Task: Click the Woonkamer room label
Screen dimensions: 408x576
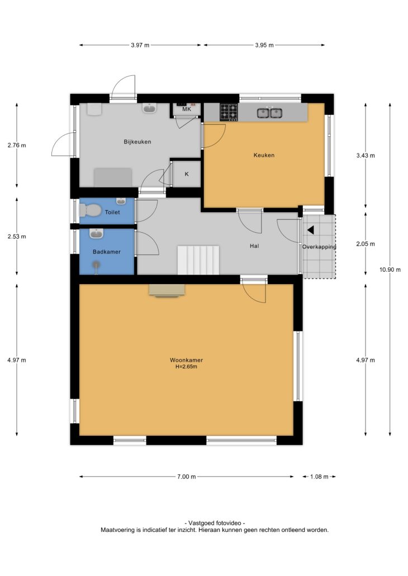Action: point(186,360)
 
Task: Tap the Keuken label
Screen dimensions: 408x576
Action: point(264,155)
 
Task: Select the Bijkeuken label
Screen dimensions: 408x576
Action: point(137,142)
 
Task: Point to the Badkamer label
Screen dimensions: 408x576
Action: point(107,252)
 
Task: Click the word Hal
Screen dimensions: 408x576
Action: point(254,246)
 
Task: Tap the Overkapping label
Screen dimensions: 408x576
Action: point(319,247)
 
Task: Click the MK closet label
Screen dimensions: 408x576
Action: point(187,109)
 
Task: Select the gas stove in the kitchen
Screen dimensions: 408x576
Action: point(229,112)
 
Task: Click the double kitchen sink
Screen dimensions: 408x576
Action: point(269,113)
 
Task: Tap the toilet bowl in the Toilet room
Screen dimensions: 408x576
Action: point(90,210)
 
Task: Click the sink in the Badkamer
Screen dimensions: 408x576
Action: point(96,233)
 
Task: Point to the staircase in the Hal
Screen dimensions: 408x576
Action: point(198,260)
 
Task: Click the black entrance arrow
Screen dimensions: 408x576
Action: point(311,230)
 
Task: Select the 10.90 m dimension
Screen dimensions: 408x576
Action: point(390,270)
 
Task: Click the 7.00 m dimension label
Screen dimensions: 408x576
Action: point(187,477)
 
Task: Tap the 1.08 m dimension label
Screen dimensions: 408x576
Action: point(319,477)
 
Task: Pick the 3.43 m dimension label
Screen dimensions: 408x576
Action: point(366,155)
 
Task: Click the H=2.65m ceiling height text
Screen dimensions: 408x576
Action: point(186,367)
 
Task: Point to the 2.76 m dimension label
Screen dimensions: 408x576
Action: point(17,145)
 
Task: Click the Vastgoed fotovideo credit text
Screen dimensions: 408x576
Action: point(215,523)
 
